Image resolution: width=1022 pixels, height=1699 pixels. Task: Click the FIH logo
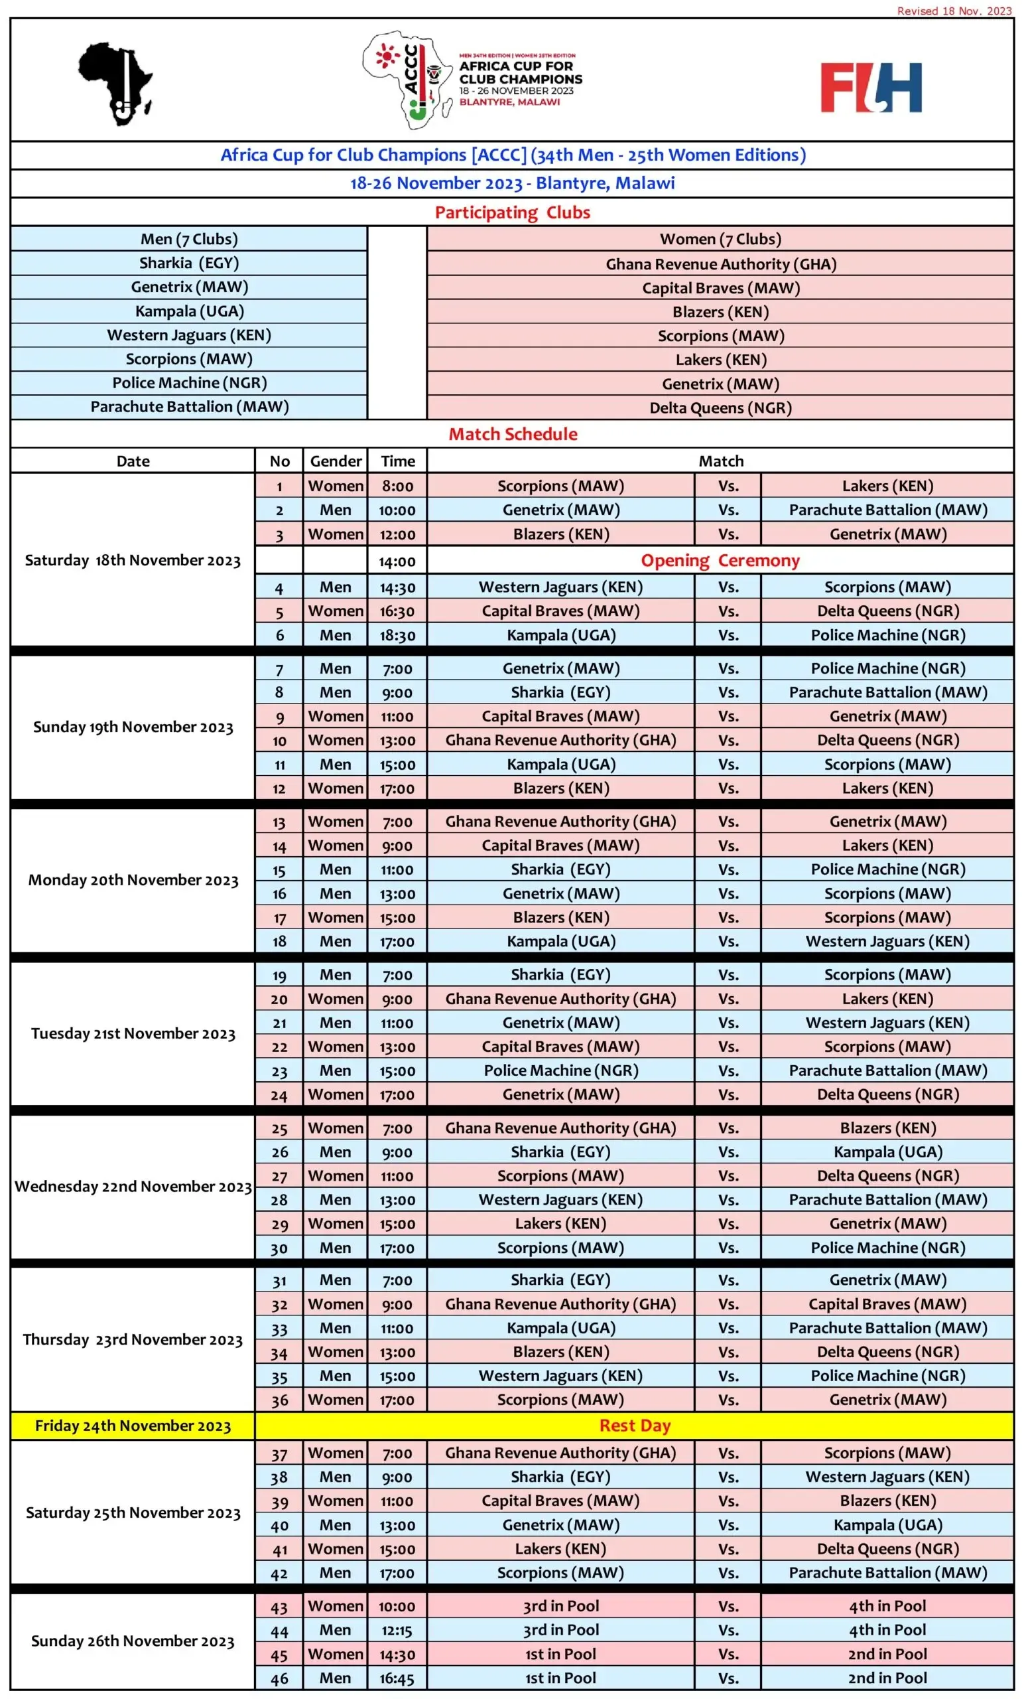(871, 88)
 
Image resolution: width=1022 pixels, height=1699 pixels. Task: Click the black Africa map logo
(115, 84)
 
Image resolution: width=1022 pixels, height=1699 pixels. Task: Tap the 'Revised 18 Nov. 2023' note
(953, 11)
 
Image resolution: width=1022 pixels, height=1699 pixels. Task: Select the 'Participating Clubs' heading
(513, 212)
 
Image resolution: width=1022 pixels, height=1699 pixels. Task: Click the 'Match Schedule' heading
(513, 434)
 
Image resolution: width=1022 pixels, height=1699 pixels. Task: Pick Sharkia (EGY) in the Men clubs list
(189, 263)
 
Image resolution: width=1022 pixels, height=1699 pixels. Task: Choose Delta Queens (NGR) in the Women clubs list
(720, 408)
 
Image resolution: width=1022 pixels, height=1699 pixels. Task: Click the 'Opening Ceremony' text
(720, 561)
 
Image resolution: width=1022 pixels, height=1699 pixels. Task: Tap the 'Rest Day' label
(634, 1426)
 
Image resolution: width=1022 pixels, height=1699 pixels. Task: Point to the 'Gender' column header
(336, 461)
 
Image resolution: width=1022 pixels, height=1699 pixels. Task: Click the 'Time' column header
(397, 461)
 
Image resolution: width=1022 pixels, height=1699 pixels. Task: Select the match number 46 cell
(279, 1678)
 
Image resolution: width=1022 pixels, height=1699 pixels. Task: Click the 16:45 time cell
(397, 1678)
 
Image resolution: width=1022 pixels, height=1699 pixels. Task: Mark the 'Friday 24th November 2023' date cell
(133, 1426)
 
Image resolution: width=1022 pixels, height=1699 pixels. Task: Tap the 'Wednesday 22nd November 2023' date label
(133, 1187)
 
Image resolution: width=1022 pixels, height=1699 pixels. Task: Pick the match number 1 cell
(279, 486)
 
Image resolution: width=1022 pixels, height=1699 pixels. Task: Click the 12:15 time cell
(397, 1630)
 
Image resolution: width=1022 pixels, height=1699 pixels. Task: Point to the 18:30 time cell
(397, 635)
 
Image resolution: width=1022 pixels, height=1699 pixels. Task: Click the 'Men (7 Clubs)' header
(189, 239)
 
